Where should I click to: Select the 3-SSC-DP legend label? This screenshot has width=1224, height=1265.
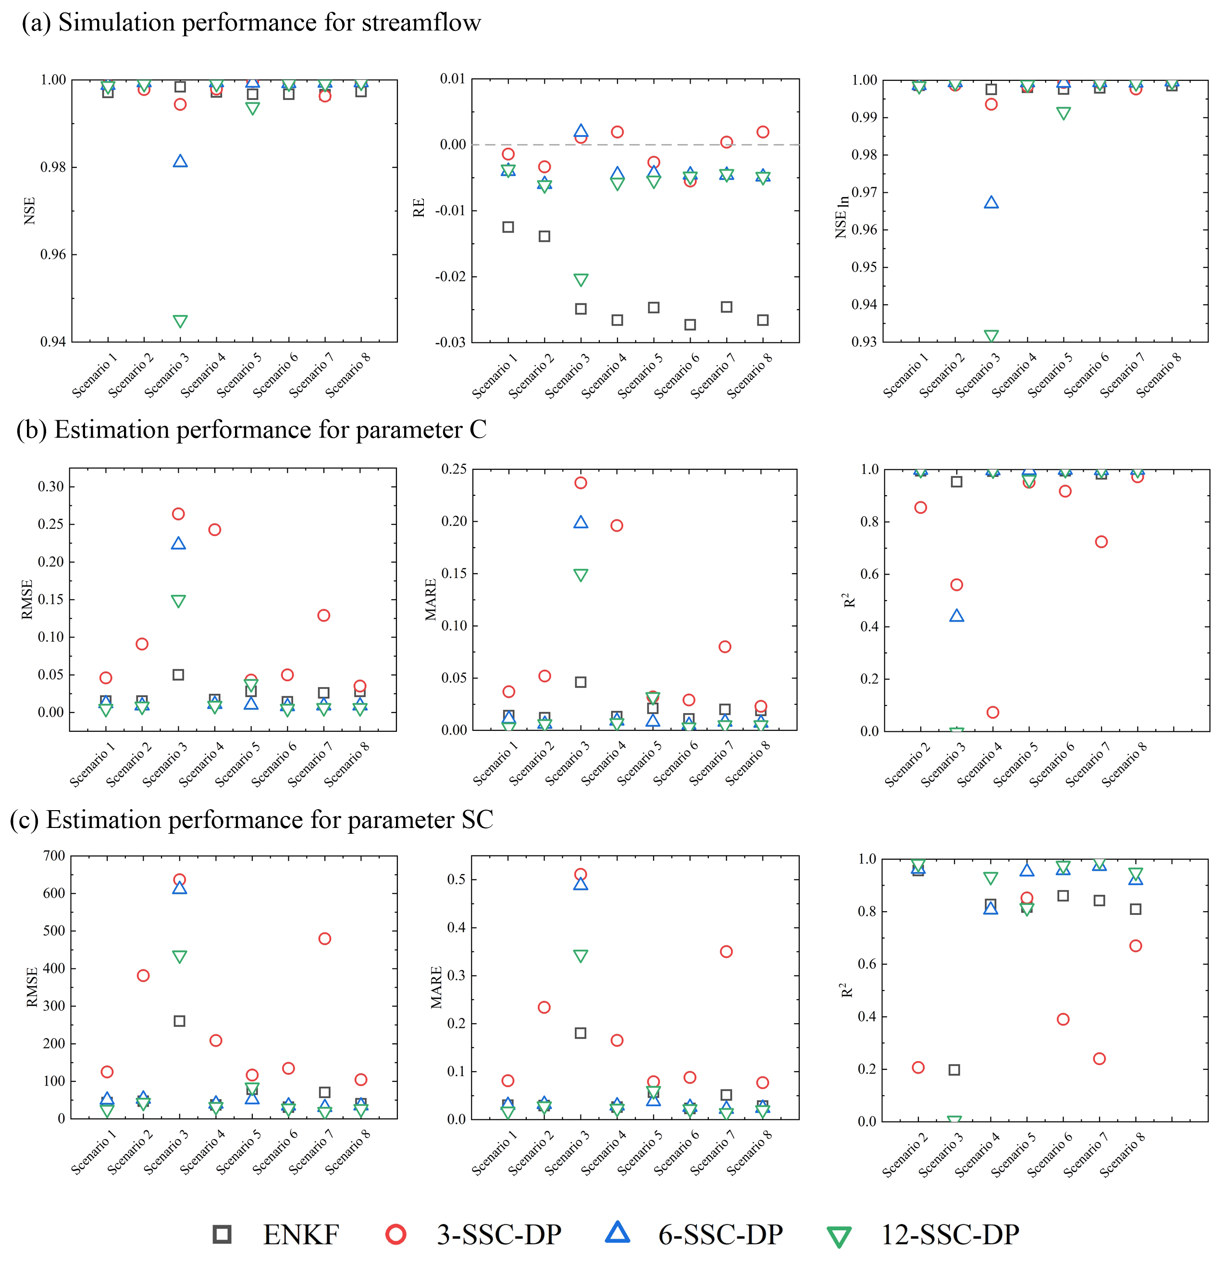[499, 1235]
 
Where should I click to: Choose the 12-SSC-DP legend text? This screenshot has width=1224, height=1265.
[950, 1235]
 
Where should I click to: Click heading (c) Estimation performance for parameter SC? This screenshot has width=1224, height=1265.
[252, 820]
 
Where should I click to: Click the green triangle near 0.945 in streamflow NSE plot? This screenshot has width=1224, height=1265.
[180, 321]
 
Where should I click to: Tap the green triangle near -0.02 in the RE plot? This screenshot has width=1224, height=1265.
[581, 280]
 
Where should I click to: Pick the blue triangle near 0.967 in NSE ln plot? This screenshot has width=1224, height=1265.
[991, 202]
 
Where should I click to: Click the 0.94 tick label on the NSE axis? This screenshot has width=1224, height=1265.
[53, 342]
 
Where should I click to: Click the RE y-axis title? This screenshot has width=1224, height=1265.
[419, 208]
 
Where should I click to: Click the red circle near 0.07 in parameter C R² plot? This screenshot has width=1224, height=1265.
[992, 713]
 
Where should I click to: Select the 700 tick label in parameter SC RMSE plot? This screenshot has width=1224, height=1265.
[53, 856]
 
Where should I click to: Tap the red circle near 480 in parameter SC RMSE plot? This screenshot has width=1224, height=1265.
[324, 939]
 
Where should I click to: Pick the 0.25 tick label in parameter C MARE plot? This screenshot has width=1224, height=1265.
[454, 469]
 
